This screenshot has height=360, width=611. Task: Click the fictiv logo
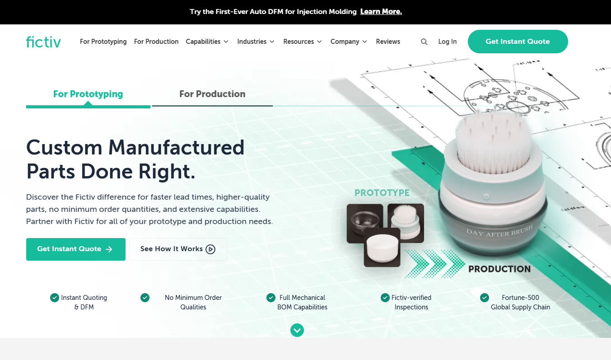point(43,42)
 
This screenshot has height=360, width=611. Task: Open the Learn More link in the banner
point(381,12)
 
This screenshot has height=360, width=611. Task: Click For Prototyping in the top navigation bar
point(103,42)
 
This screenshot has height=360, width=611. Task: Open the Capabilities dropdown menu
point(207,42)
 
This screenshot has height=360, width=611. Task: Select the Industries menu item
point(256,42)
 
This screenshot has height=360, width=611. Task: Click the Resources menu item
point(303,42)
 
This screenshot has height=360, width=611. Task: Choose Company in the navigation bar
point(349,42)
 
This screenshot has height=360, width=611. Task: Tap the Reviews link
point(388,42)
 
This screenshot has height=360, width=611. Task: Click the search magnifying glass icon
point(424,42)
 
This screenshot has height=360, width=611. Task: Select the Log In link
point(448,42)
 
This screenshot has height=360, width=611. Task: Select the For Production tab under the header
point(212,94)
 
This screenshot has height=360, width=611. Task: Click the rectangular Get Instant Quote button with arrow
point(76,249)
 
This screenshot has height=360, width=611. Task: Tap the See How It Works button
point(178,249)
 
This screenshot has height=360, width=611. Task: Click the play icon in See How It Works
point(210,249)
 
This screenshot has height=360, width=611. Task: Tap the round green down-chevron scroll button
point(297,330)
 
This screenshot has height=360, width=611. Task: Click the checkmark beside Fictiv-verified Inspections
point(385,298)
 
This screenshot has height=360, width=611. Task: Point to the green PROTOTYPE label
point(382,193)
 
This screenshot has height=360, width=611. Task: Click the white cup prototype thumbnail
point(382,247)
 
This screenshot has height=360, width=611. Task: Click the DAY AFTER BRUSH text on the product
point(499,231)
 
